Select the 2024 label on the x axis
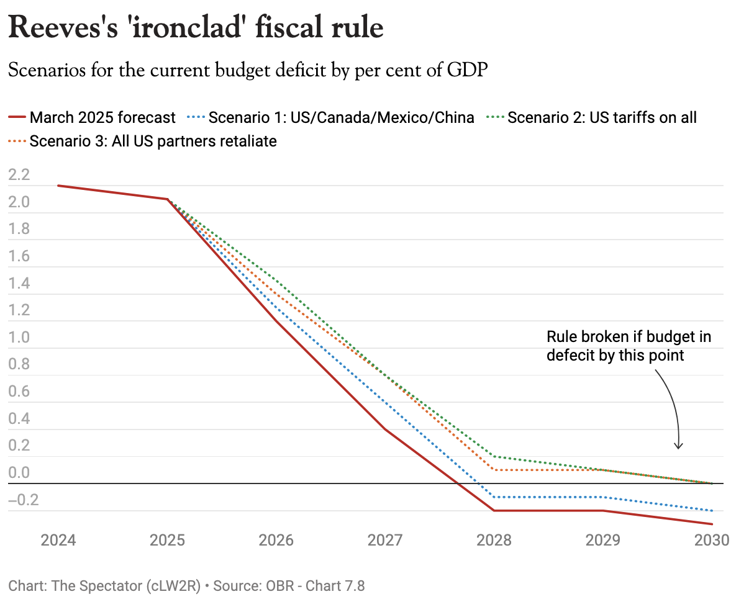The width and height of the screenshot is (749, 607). [x=58, y=540]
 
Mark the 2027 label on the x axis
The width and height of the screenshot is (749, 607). [x=385, y=540]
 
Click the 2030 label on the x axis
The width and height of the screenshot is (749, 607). [x=711, y=540]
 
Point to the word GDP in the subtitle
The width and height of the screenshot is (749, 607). [x=466, y=70]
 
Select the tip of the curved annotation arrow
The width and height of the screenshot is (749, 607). [x=679, y=448]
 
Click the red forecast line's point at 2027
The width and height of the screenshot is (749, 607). [x=385, y=429]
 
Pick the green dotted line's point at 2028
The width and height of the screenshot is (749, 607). [x=494, y=456]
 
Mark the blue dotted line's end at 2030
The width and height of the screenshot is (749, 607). [x=712, y=511]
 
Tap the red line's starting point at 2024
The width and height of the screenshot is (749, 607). [x=58, y=186]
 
